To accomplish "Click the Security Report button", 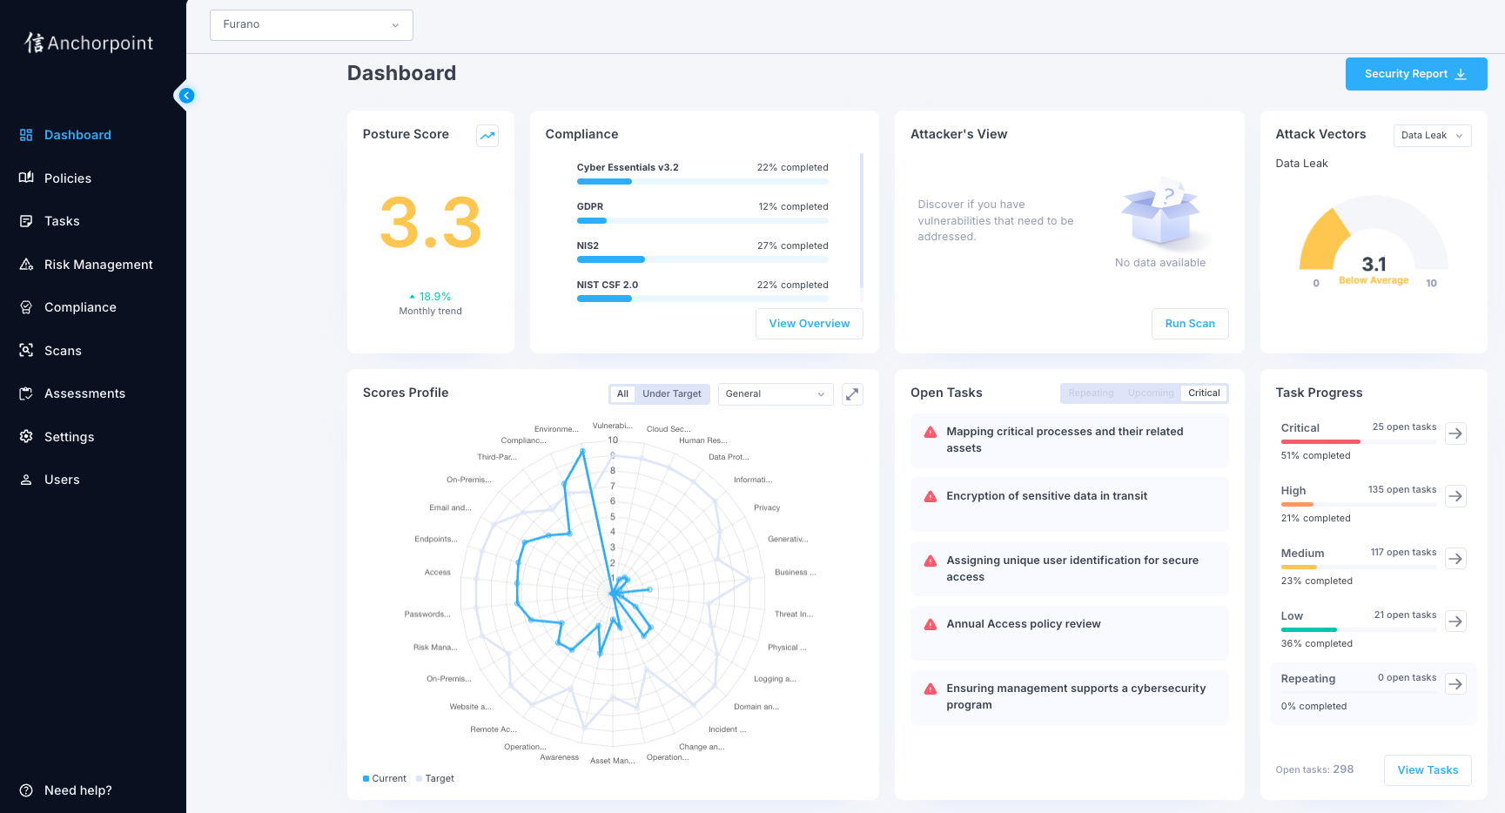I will tap(1415, 74).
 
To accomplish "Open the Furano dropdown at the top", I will tap(311, 24).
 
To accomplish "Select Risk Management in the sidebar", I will tap(97, 265).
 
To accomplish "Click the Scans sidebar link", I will tap(63, 351).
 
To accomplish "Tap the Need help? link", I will tap(77, 790).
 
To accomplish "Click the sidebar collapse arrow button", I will tap(186, 96).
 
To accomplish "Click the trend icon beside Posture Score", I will tap(487, 135).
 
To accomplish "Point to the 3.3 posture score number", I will tap(430, 223).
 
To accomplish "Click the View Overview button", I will tap(809, 324).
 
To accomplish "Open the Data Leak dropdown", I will tap(1431, 136).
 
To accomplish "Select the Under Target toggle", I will tap(671, 394).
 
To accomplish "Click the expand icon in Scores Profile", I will tap(852, 394).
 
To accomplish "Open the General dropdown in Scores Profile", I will tap(775, 394).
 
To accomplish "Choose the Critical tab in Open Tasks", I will tap(1203, 393).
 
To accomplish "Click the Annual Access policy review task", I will tap(1023, 624).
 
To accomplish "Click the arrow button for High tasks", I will tap(1455, 496).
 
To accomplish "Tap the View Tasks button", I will tap(1427, 770).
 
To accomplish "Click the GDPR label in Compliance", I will tap(589, 207).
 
